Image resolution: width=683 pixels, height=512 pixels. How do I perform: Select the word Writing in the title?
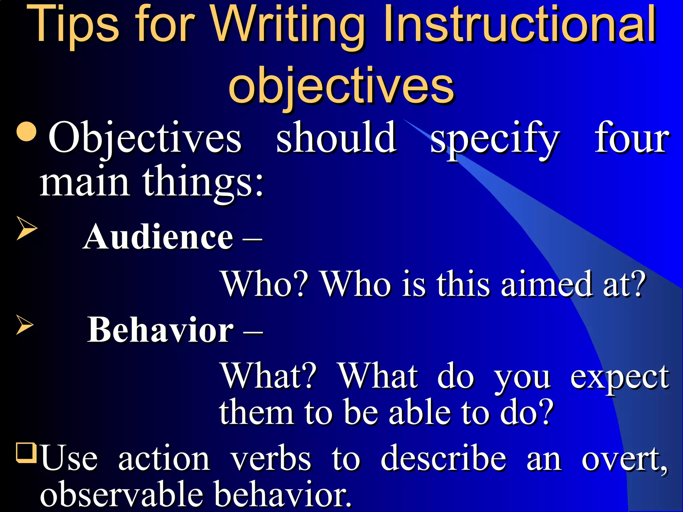288,27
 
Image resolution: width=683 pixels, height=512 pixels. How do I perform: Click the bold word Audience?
158,237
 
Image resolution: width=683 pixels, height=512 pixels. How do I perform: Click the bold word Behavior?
160,330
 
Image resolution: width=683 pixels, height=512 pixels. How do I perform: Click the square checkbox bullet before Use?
26,452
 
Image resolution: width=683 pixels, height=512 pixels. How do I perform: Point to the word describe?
444,459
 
